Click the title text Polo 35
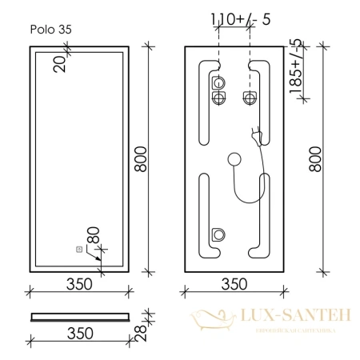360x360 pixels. point(49,27)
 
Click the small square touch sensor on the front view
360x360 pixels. point(78,249)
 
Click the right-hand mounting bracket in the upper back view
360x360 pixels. point(250,98)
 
